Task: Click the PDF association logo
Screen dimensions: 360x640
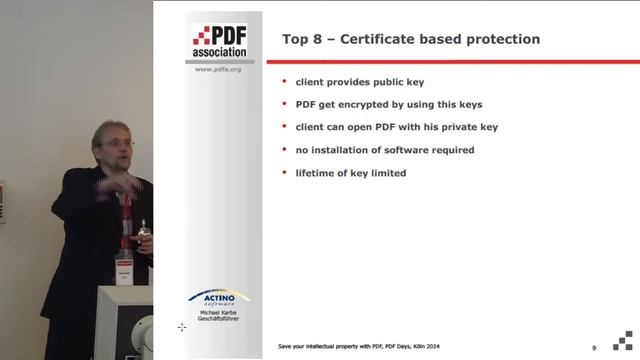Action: tap(219, 39)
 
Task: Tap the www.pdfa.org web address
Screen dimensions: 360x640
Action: tap(219, 70)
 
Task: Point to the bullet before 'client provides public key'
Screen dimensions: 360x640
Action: tap(284, 81)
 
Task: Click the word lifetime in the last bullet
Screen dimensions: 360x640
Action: tap(318, 173)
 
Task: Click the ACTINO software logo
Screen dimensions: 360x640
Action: tap(219, 300)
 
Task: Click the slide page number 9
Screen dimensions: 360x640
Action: tap(595, 346)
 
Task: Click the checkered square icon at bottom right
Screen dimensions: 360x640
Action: tap(623, 340)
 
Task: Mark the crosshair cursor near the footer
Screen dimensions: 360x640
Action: tap(182, 327)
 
